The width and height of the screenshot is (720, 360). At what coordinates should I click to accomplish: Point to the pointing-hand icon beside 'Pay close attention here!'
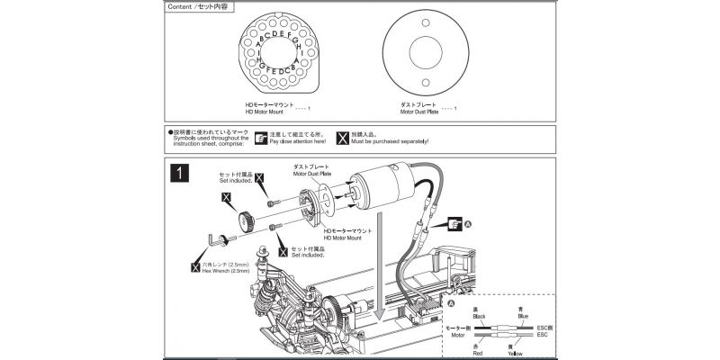click(x=261, y=139)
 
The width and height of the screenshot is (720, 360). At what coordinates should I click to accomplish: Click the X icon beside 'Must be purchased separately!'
click(x=342, y=139)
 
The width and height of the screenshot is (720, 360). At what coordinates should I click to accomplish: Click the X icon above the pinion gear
click(x=226, y=195)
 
